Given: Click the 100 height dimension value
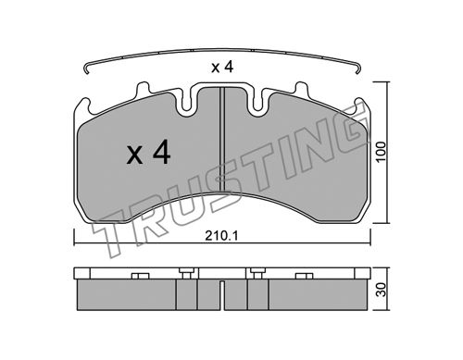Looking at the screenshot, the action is click(x=382, y=151).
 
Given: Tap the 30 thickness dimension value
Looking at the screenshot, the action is click(x=382, y=290).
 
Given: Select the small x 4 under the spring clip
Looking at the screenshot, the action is click(x=222, y=68).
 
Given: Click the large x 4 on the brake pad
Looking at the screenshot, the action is click(x=148, y=152).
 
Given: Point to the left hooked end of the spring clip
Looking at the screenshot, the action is click(x=86, y=68).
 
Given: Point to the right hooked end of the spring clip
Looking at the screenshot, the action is click(x=358, y=68).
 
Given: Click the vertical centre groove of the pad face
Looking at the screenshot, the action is click(x=222, y=139).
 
